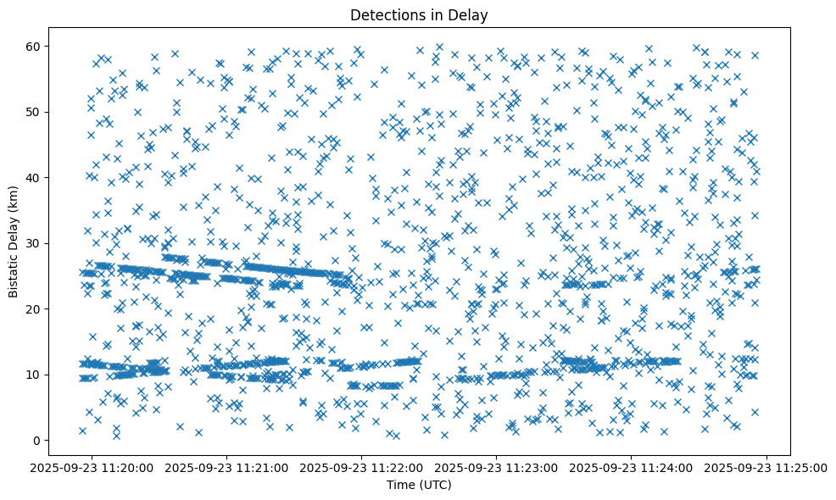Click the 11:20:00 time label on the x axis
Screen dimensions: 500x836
coord(93,467)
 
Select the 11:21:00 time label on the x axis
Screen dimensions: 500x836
coord(228,467)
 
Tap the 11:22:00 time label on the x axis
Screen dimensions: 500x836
coord(363,467)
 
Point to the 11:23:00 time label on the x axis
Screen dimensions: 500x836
coord(498,467)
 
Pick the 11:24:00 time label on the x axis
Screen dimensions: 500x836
coord(633,467)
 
